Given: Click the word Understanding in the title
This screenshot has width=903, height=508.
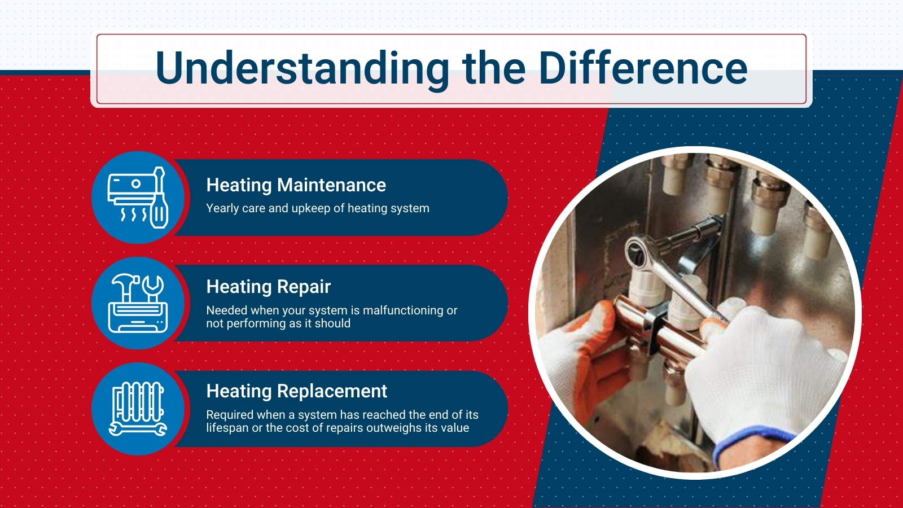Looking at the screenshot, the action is [302, 69].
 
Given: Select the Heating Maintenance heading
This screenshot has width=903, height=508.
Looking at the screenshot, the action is [296, 186].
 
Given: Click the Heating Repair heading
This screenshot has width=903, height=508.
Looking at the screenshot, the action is [269, 287].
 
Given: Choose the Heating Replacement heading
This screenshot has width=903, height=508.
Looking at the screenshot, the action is [297, 391].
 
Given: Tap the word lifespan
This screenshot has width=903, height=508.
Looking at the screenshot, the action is [227, 428].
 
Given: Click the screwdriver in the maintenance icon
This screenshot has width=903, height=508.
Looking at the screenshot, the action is [159, 198].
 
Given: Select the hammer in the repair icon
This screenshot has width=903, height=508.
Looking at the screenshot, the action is [126, 286].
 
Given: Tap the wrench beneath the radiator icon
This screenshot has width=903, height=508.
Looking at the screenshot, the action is [138, 430].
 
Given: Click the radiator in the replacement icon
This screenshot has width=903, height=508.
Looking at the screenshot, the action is [138, 401].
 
